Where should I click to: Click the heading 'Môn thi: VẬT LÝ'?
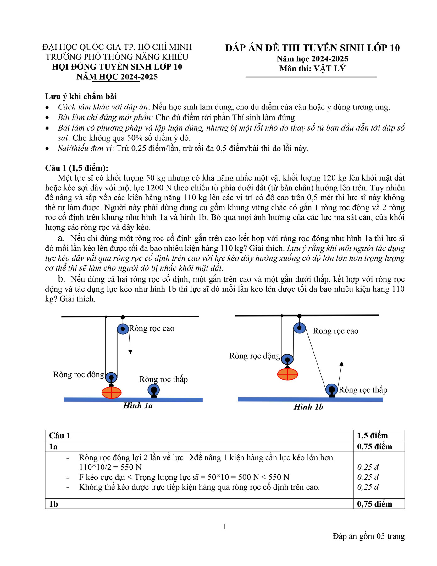(x=312, y=69)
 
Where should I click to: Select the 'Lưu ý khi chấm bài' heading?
(x=81, y=96)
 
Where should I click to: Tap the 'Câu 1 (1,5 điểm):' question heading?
(x=77, y=168)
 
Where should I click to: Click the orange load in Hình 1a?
(x=111, y=392)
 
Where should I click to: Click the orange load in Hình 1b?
(x=287, y=374)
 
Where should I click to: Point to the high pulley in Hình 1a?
(x=123, y=329)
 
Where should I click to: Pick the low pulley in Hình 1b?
(x=331, y=389)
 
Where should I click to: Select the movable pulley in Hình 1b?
(x=287, y=359)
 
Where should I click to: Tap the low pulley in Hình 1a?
(x=153, y=390)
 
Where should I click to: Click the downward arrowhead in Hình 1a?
(x=130, y=352)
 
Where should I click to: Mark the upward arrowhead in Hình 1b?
(x=342, y=364)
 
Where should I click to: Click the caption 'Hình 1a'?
(x=138, y=406)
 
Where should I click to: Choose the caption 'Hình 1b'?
(x=308, y=407)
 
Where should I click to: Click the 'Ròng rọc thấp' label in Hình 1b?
(x=363, y=390)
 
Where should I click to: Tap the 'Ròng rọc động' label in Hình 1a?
(x=79, y=374)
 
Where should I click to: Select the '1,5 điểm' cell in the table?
(x=372, y=435)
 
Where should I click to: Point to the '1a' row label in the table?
(x=53, y=446)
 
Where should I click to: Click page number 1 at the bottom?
(x=225, y=526)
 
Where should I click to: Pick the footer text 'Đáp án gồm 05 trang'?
(x=368, y=536)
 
